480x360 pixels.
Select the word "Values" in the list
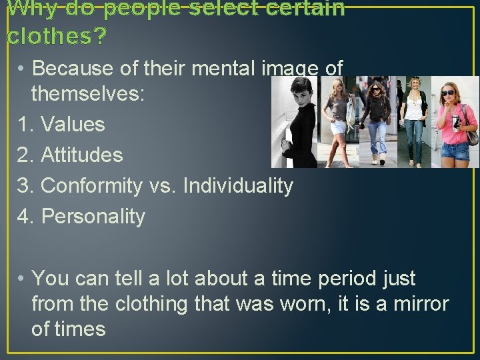73,124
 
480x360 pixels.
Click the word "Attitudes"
82,155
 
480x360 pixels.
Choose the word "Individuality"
238,185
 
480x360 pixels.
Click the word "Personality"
93,216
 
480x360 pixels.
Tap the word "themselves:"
87,93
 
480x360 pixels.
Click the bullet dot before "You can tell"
22,278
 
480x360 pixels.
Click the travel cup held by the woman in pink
456,123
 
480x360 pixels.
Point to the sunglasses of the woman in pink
449,92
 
